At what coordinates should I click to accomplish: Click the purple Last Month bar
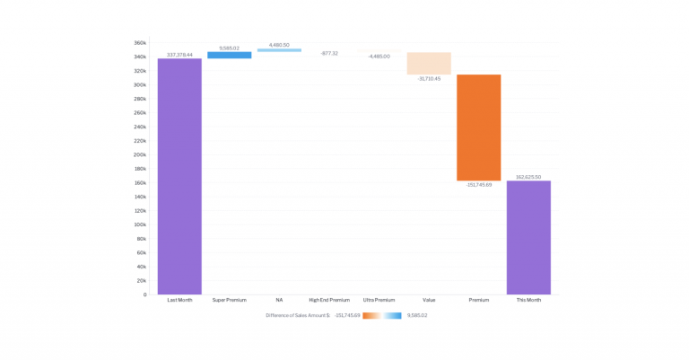pyautogui.click(x=179, y=176)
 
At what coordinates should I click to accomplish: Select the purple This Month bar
pyautogui.click(x=528, y=237)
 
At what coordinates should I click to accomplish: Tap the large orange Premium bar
pyautogui.click(x=478, y=127)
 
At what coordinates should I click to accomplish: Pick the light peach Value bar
pyautogui.click(x=429, y=63)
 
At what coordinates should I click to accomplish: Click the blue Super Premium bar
pyautogui.click(x=230, y=55)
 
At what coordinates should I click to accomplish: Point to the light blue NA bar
pyautogui.click(x=279, y=50)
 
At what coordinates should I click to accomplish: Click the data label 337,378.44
pyautogui.click(x=179, y=55)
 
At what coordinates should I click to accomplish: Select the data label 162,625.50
pyautogui.click(x=528, y=177)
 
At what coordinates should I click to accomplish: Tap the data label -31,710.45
pyautogui.click(x=429, y=79)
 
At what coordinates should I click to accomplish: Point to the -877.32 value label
pyautogui.click(x=329, y=54)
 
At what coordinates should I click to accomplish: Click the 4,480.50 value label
pyautogui.click(x=279, y=44)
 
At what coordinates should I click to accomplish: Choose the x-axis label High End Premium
pyautogui.click(x=329, y=300)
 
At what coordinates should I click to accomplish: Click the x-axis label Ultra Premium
pyautogui.click(x=379, y=300)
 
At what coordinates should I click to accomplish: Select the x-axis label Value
pyautogui.click(x=429, y=300)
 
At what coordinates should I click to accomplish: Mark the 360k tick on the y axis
pyautogui.click(x=140, y=43)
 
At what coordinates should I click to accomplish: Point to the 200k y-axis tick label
pyautogui.click(x=140, y=154)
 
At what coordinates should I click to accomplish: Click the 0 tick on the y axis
pyautogui.click(x=144, y=294)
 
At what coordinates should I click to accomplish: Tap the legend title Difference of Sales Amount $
pyautogui.click(x=298, y=315)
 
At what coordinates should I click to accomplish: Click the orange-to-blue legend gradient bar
pyautogui.click(x=382, y=315)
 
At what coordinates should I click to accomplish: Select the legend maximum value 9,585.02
pyautogui.click(x=417, y=315)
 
